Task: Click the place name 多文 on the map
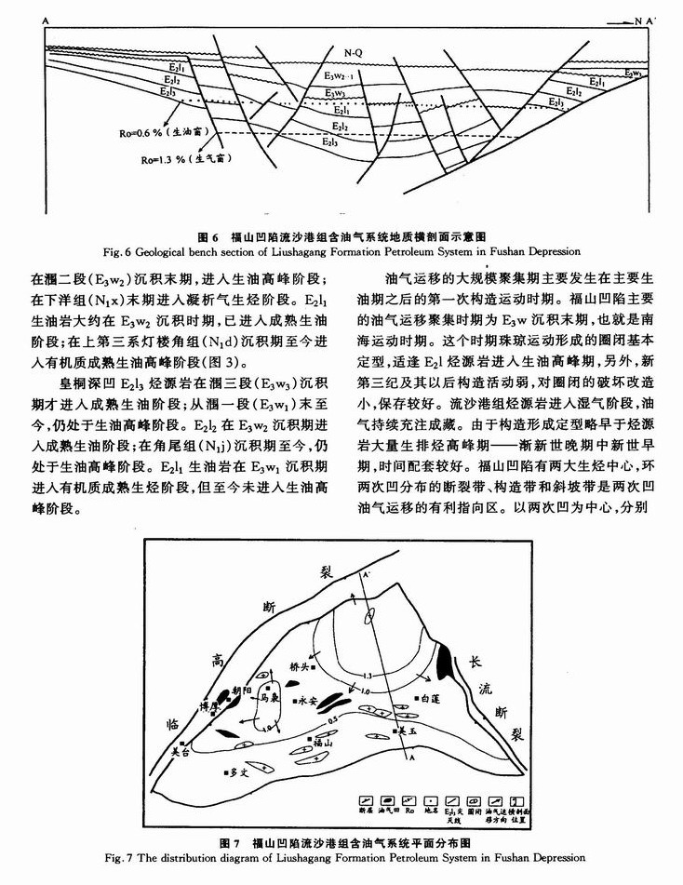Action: (x=240, y=771)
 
